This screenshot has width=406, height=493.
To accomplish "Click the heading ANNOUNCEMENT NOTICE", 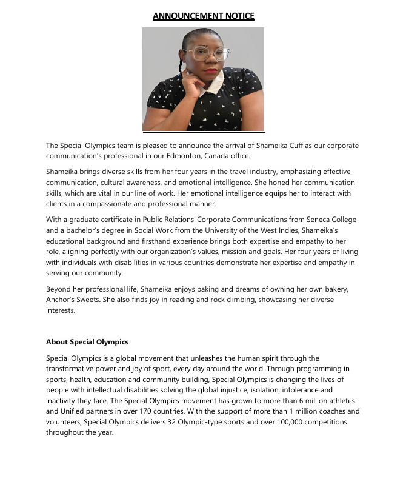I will tap(203, 16).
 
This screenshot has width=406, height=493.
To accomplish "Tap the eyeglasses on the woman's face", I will tap(206, 54).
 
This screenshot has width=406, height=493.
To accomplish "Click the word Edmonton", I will tap(201, 156).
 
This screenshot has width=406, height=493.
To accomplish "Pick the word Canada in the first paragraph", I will tap(235, 156).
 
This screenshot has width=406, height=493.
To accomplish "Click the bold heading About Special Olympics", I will tap(87, 342).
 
